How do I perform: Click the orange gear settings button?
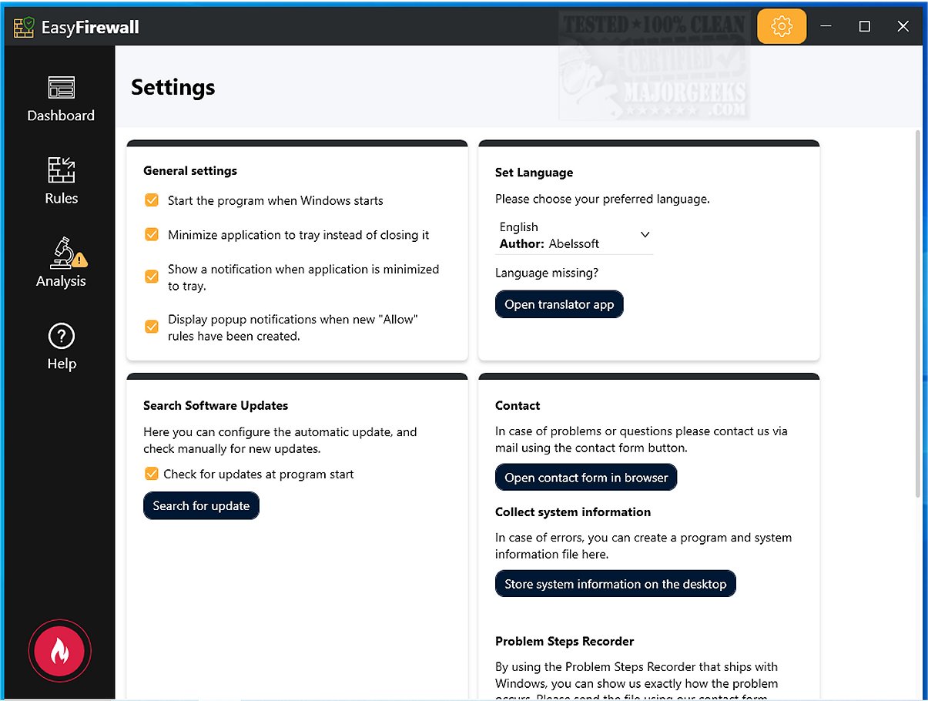782,27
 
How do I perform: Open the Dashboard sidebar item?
61,99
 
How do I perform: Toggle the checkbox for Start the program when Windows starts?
152,200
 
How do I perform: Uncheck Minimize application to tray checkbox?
152,235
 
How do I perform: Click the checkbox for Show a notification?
152,277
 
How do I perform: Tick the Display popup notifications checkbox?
152,327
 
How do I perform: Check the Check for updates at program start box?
152,474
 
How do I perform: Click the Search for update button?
201,506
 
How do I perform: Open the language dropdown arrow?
645,235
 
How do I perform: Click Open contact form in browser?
586,478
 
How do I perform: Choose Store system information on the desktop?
615,584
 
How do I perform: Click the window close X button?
903,27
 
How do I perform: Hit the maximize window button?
864,27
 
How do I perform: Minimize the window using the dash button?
826,27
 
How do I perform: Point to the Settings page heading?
173,87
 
